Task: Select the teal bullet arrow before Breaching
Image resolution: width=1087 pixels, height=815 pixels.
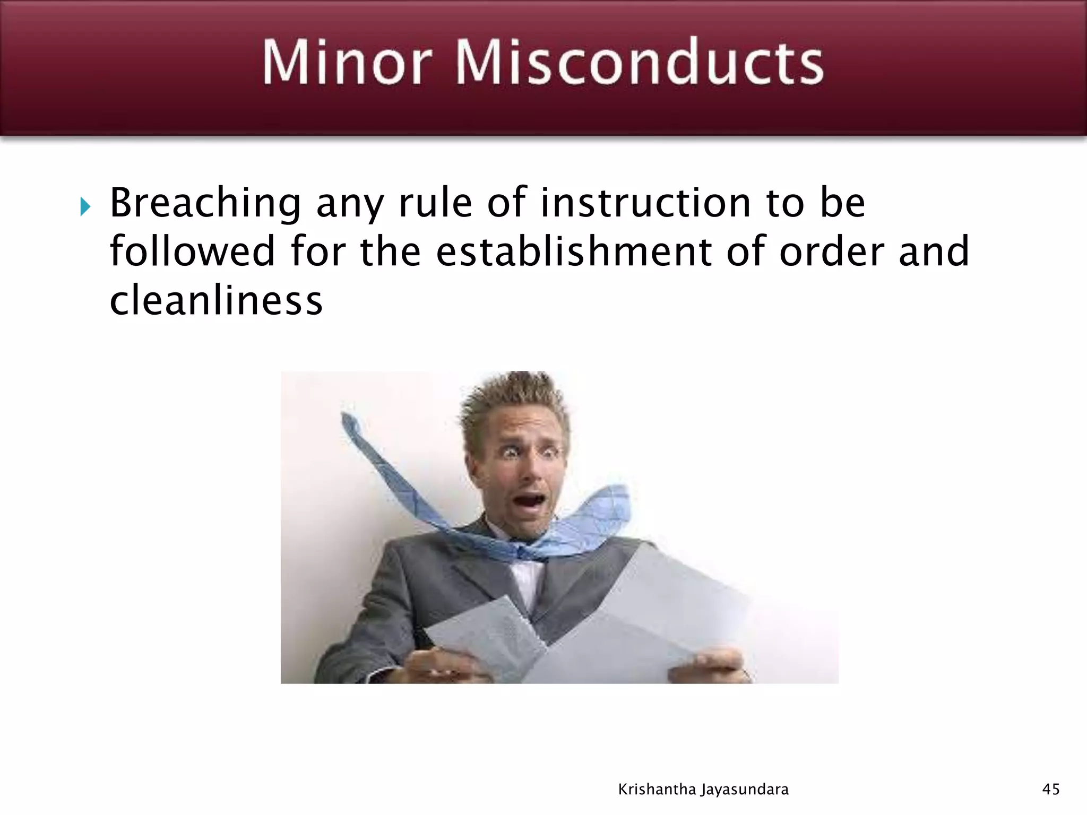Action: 85,206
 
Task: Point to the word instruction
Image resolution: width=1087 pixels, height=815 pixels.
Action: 645,203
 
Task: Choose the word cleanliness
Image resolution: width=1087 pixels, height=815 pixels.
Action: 216,300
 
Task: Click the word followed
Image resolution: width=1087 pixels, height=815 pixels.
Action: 192,252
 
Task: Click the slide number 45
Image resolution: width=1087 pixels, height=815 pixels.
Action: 1051,790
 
